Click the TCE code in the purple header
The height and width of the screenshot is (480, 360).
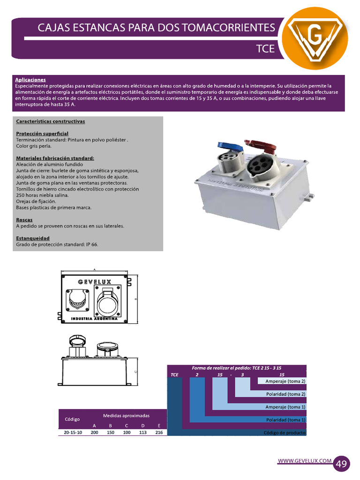[x=265, y=48]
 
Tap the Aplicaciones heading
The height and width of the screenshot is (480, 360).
[x=30, y=80]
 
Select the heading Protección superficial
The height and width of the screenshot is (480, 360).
[x=42, y=134]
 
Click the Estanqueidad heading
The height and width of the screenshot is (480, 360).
[x=33, y=238]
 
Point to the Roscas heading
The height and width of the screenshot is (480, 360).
[x=25, y=219]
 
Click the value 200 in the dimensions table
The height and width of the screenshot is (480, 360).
[x=94, y=433]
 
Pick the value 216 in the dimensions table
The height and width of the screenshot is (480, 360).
[x=159, y=433]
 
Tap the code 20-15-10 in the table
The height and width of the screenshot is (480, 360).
[x=73, y=433]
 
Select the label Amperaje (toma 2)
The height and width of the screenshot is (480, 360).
[x=285, y=382]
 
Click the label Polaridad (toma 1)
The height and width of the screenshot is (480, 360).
[x=285, y=420]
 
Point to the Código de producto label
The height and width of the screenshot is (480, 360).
[x=285, y=433]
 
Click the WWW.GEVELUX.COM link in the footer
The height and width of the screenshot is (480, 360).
[x=305, y=461]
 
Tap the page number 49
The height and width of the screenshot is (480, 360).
[x=342, y=464]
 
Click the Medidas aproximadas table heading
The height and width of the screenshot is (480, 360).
[x=126, y=415]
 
